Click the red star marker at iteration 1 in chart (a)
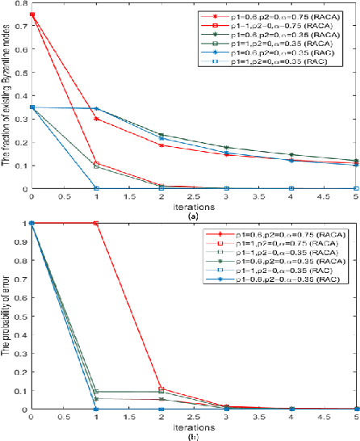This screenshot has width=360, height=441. [97, 119]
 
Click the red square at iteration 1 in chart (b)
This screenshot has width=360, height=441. [97, 223]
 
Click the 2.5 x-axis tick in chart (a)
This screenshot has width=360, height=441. [195, 195]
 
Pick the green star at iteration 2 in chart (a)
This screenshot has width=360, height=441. [162, 135]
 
